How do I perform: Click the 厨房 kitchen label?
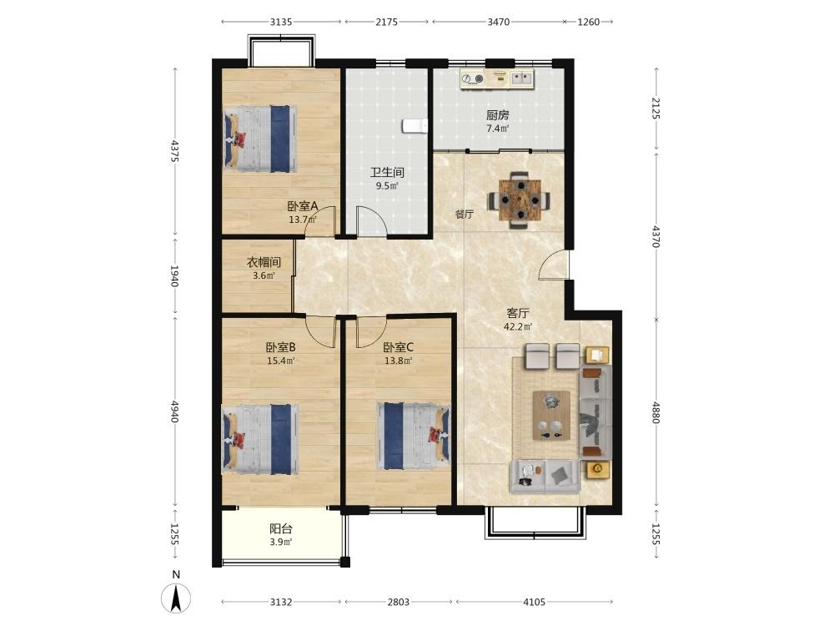pos(497,115)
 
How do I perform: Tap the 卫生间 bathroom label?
pos(387,173)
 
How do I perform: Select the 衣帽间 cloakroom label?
pos(264,262)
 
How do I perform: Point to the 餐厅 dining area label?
pos(465,215)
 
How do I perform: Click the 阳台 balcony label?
pos(281,529)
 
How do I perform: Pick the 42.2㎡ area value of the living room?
pos(518,327)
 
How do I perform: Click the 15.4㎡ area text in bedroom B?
pos(281,361)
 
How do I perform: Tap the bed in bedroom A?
pos(259,139)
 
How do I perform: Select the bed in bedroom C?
pos(414,436)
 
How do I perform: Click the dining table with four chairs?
pos(519,200)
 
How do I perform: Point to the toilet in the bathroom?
pos(414,126)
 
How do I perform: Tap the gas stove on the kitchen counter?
pos(473,78)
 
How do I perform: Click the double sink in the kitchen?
pos(522,78)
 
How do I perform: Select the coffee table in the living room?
pos(551,416)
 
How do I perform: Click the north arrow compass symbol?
pos(176,598)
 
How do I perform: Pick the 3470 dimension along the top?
pos(499,22)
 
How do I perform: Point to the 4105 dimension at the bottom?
pos(534,602)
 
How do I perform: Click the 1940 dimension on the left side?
pos(174,275)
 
